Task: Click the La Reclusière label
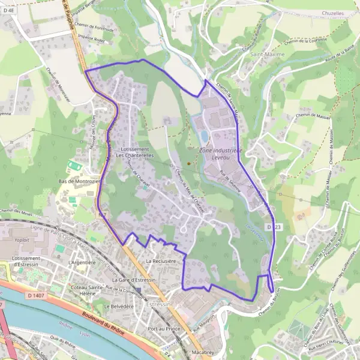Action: (161, 262)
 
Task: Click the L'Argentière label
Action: (82, 262)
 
